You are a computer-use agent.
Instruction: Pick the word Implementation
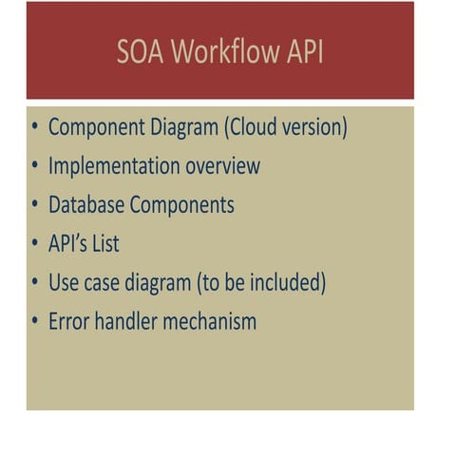click(x=110, y=166)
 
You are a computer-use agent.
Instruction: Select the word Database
click(x=86, y=205)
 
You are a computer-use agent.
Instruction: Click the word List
click(x=106, y=244)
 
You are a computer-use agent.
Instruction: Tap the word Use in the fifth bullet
click(x=63, y=282)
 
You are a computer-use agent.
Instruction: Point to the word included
click(x=289, y=282)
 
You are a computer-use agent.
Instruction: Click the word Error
click(x=68, y=321)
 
